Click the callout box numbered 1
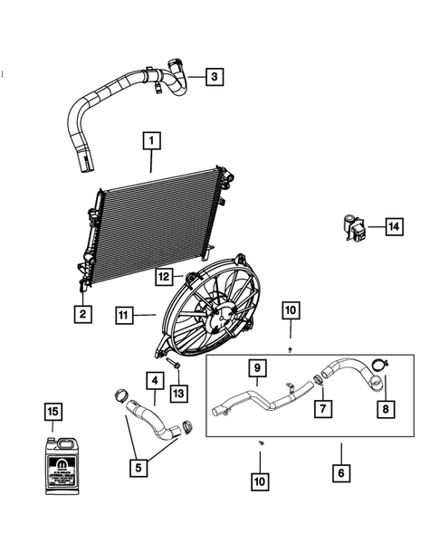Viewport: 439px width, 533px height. tap(151, 141)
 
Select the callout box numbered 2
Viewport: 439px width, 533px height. tap(81, 314)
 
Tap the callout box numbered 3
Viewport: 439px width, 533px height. tap(214, 77)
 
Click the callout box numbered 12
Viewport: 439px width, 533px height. tap(164, 276)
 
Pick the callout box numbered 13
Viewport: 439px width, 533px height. tap(179, 392)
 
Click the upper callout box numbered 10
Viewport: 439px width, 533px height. tap(289, 311)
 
